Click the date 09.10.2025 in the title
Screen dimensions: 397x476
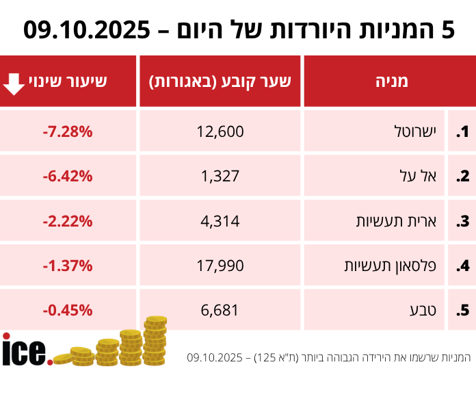87,29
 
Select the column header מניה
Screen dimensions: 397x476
391,81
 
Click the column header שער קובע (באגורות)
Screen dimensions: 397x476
220,81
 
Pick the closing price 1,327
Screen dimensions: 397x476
220,176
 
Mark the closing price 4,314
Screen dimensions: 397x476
220,220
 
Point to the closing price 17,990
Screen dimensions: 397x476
220,265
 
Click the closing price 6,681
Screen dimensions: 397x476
220,309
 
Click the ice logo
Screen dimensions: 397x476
25,350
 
